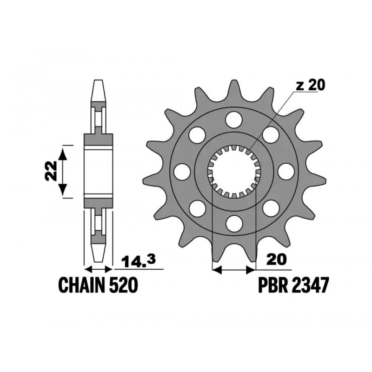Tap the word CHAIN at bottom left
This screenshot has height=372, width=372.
click(82, 285)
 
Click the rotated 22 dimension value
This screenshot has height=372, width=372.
click(52, 171)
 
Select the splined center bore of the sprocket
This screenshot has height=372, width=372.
click(234, 171)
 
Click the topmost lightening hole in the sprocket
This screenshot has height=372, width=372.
click(234, 120)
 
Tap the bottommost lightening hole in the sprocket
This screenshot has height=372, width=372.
click(234, 223)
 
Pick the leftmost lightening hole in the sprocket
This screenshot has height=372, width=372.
click(182, 172)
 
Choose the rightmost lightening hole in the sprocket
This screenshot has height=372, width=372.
click(286, 172)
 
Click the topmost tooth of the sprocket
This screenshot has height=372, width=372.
click(234, 88)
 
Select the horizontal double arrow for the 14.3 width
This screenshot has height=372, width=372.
click(98, 269)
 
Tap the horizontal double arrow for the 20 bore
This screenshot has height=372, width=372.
click(234, 269)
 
